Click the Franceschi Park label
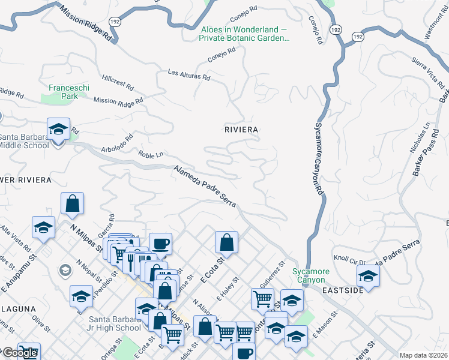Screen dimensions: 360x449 point(63,91)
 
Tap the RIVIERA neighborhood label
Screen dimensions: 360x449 point(241,130)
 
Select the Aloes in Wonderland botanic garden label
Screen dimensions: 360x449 point(244,34)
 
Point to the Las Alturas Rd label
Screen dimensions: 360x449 point(189,74)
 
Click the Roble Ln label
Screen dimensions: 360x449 point(151,155)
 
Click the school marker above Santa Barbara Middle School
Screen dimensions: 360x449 point(59,129)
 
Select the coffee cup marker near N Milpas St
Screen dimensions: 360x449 point(160,244)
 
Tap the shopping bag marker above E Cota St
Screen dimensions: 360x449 point(227,242)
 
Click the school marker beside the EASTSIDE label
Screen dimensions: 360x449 point(368,276)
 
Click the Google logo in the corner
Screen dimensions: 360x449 point(20,353)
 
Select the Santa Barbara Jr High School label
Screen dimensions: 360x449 point(115,323)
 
